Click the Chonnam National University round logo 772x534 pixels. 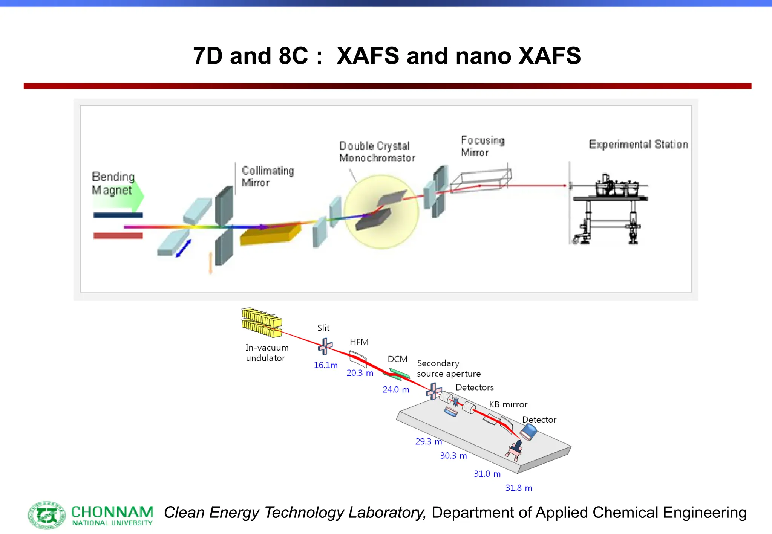coord(47,515)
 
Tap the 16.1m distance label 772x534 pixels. coord(326,365)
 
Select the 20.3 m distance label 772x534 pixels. coord(360,373)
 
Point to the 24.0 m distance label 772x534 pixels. coord(396,389)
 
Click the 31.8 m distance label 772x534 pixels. coord(519,488)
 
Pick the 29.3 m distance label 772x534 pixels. coord(428,441)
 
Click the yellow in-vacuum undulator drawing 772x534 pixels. coord(262,322)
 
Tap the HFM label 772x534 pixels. coord(359,342)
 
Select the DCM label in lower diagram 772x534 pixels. coord(398,359)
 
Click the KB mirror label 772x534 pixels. coord(508,404)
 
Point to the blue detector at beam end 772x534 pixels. coord(528,432)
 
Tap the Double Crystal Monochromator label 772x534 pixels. coord(377,152)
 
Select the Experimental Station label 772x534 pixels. coord(639,144)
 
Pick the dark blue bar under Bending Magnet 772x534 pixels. coord(118,215)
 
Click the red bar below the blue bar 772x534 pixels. coord(118,236)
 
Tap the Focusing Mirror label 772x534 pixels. coord(482,146)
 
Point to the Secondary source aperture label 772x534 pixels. coord(449,368)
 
